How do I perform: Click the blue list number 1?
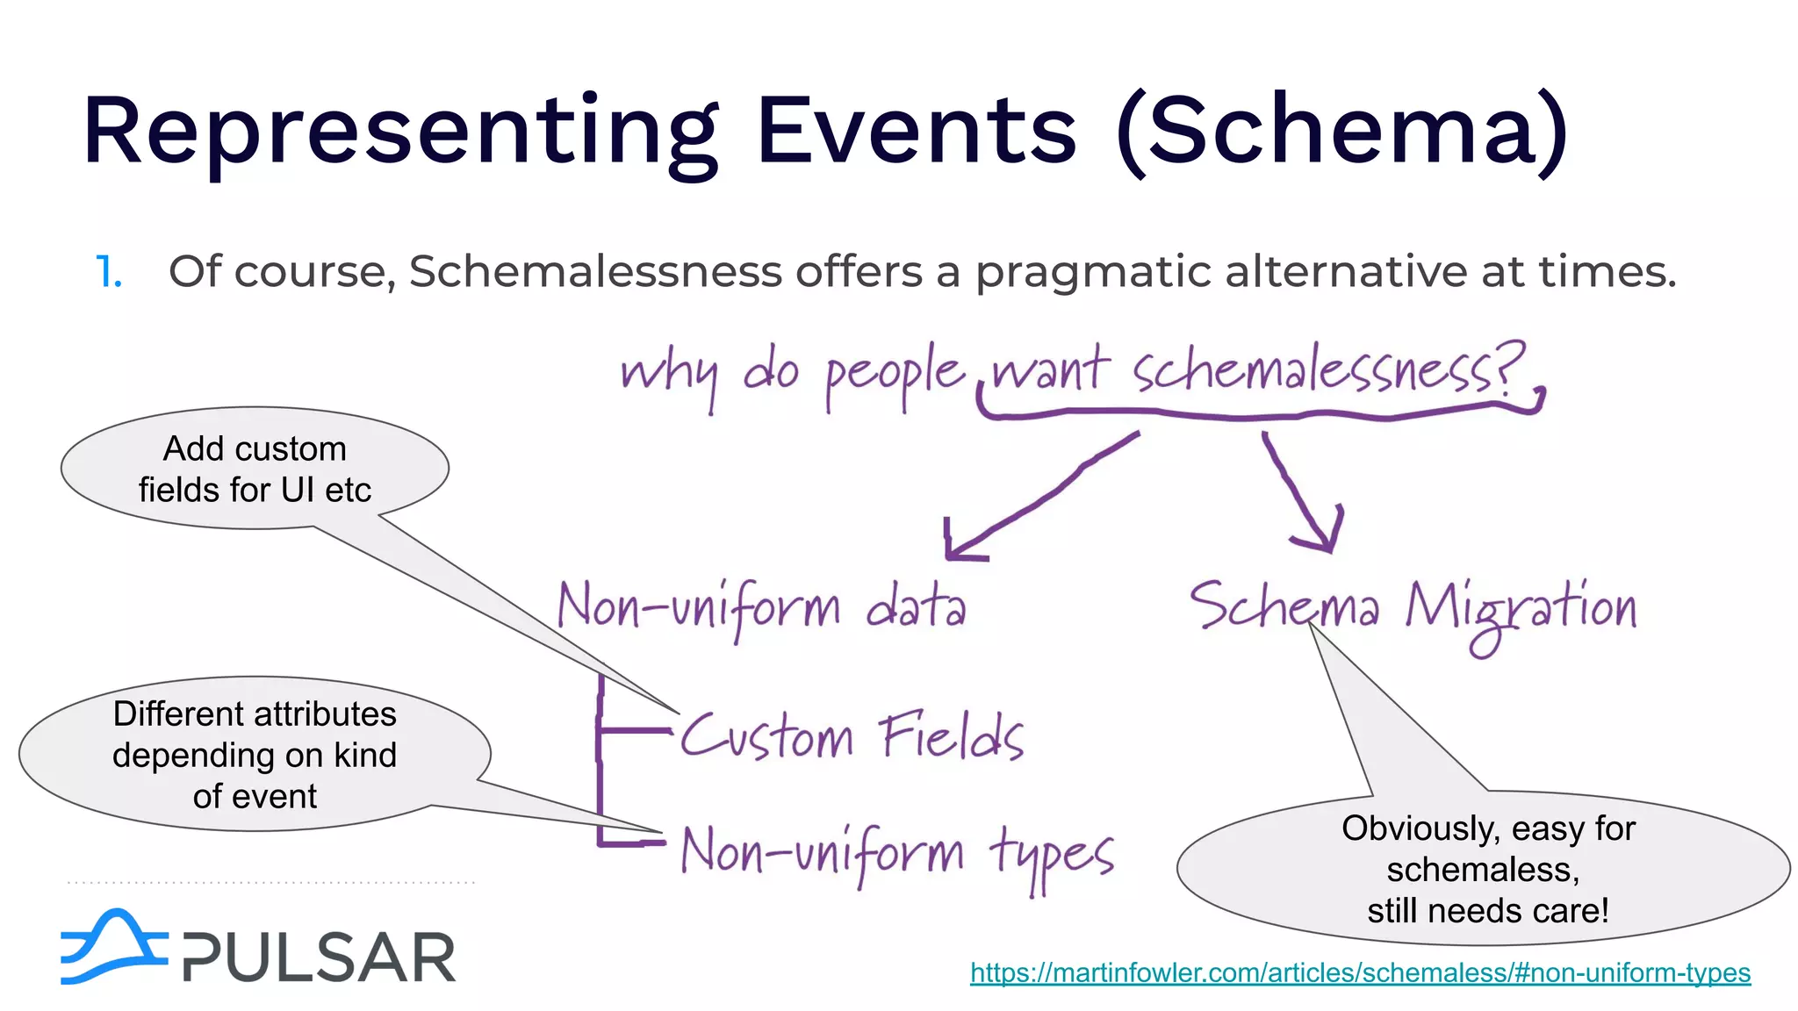[108, 272]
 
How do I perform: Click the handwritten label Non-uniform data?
[762, 607]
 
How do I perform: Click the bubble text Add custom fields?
[255, 469]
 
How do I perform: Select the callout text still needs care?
[1487, 910]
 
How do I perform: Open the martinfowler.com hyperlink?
[1360, 972]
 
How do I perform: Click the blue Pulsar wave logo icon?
[112, 948]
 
